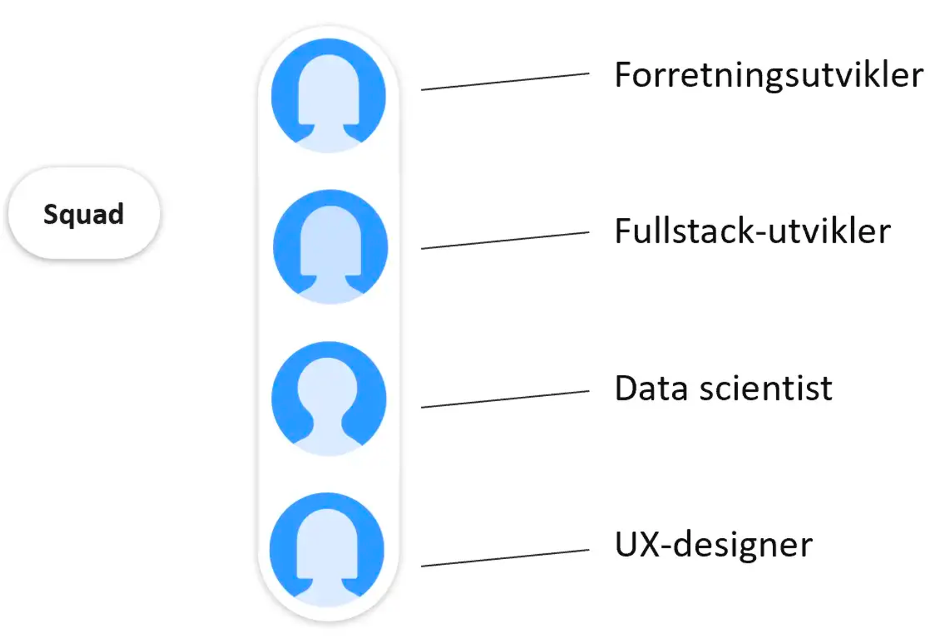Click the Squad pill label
click(x=83, y=213)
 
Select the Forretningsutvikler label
click(x=768, y=75)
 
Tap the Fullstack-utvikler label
click(x=752, y=231)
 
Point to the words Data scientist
click(x=723, y=389)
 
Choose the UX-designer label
click(x=713, y=545)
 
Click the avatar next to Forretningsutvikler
click(x=328, y=95)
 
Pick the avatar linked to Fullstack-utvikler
click(x=330, y=246)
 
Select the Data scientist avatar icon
click(x=329, y=398)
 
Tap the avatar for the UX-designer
click(x=327, y=549)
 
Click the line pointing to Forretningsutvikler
click(x=505, y=81)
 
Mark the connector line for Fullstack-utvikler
click(x=505, y=240)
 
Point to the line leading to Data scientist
click(x=505, y=399)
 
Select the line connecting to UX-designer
click(x=505, y=558)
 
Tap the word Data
click(x=651, y=389)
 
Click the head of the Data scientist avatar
click(x=328, y=387)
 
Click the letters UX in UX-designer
click(x=637, y=545)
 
